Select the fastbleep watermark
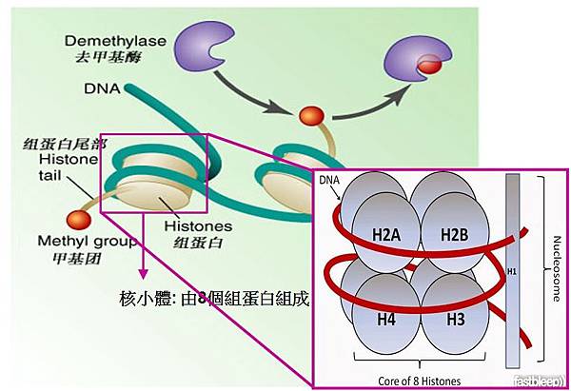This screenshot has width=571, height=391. tap(546, 382)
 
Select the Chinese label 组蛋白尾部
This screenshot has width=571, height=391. tap(57, 145)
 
